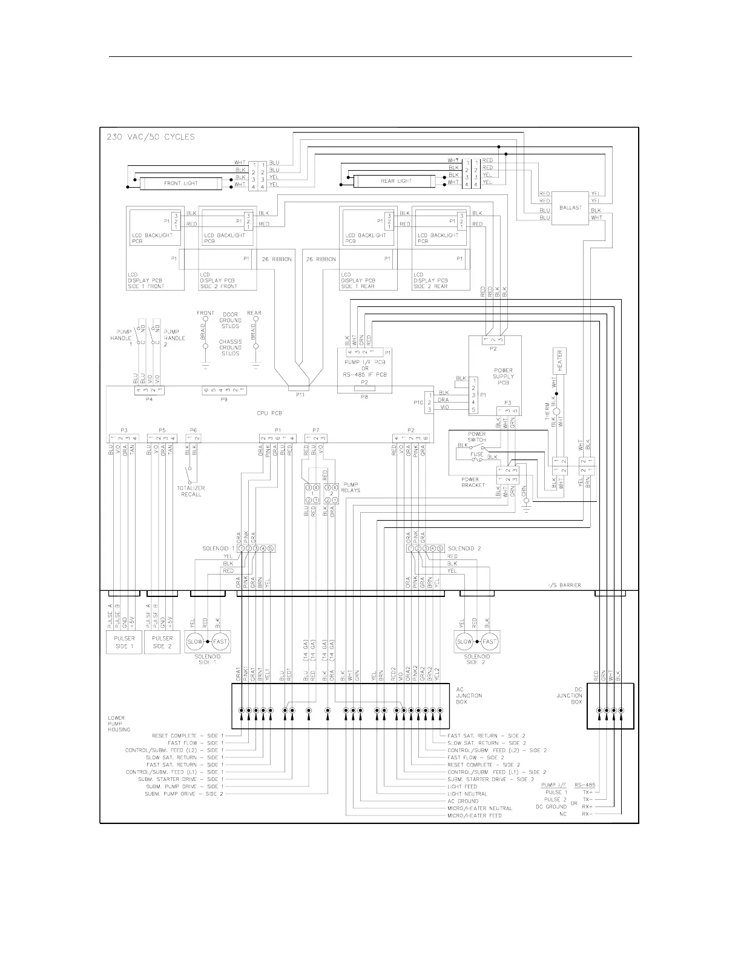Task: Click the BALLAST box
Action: tap(570, 208)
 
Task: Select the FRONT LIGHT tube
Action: tap(180, 183)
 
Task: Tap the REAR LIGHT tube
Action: tap(396, 181)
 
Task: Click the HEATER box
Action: tap(559, 361)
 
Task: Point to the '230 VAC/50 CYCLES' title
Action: tap(151, 137)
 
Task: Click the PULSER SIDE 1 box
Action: tap(124, 642)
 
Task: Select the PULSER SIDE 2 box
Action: tap(162, 642)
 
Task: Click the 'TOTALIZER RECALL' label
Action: tap(191, 491)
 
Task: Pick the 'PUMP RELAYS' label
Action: tap(351, 487)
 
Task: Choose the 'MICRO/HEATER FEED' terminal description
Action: tap(474, 816)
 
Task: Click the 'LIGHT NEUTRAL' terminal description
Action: tap(467, 794)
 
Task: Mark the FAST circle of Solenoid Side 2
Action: tap(490, 642)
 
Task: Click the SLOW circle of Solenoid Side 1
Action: tap(195, 642)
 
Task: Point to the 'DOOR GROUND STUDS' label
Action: tap(230, 320)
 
